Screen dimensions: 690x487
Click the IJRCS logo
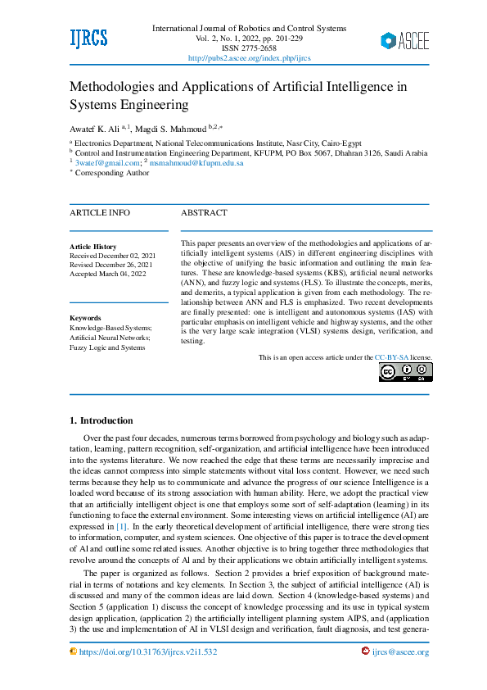[x=88, y=38]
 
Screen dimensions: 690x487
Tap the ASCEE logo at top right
[x=404, y=41]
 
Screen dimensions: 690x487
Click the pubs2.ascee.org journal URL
[x=249, y=58]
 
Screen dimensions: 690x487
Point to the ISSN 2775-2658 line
[x=249, y=48]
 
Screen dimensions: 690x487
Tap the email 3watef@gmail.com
[x=106, y=163]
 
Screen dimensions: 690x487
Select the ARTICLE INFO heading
[x=99, y=213]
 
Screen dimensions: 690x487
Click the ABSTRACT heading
[x=204, y=213]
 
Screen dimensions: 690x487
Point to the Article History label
[x=93, y=247]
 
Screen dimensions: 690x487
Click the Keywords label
[x=85, y=318]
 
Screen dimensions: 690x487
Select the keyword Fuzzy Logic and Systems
[x=107, y=347]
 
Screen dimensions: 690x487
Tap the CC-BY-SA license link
[x=391, y=358]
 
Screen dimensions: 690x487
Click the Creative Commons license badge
[x=405, y=372]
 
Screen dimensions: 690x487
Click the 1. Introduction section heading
[x=101, y=420]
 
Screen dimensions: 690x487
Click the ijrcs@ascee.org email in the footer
[x=400, y=651]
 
